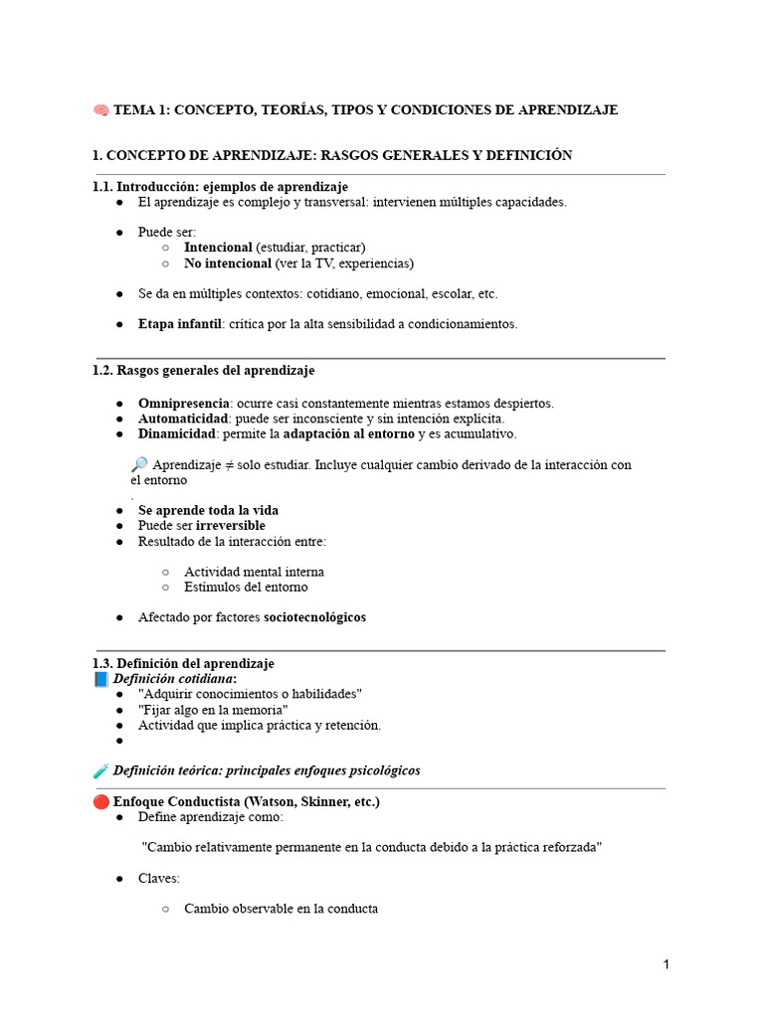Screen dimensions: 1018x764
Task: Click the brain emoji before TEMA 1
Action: (100, 109)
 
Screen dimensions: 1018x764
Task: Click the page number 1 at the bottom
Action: (667, 964)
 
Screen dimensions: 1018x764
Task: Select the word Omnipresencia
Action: (183, 404)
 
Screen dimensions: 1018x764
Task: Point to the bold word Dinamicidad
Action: (176, 433)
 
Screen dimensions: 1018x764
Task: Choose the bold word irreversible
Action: (231, 525)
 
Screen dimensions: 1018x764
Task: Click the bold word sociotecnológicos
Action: (314, 617)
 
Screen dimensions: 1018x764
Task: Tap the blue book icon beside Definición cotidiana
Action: (100, 679)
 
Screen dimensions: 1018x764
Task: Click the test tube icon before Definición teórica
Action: (100, 770)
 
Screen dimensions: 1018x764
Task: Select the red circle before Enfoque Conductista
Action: (100, 801)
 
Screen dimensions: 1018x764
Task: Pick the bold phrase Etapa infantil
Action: (180, 324)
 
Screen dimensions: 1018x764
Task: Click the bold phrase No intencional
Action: (228, 263)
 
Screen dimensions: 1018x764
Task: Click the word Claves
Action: (158, 879)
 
